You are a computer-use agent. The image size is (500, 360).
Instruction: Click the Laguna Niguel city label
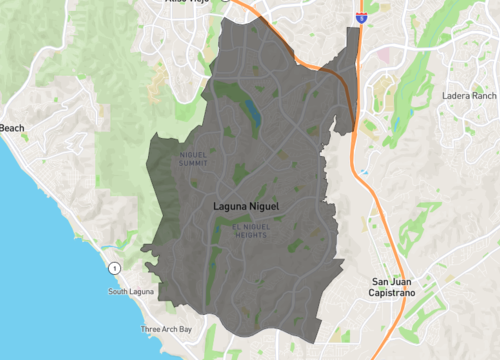(x=246, y=207)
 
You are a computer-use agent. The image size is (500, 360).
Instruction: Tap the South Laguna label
(x=133, y=292)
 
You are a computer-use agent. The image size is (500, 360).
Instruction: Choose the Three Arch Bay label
(x=165, y=329)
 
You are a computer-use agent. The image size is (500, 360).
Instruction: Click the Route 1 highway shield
(x=116, y=268)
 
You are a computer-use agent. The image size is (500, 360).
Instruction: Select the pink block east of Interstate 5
(x=386, y=57)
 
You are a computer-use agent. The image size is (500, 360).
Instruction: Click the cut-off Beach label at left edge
(x=11, y=128)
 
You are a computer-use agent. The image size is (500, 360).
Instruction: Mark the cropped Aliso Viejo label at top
(x=190, y=3)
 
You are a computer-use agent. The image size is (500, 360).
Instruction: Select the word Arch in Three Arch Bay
(x=167, y=329)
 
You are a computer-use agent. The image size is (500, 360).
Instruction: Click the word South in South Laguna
(x=120, y=292)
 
